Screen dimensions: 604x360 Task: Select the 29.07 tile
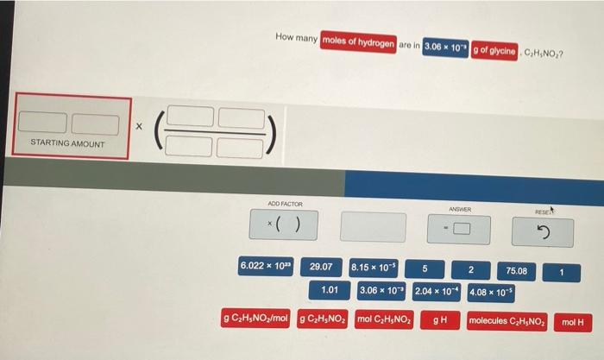322,268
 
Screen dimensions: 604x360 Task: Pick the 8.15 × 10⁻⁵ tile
373,268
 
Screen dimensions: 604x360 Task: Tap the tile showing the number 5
425,268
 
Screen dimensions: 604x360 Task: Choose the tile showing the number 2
470,270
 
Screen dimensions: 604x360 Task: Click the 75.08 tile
518,271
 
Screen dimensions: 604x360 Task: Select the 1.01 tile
329,291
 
